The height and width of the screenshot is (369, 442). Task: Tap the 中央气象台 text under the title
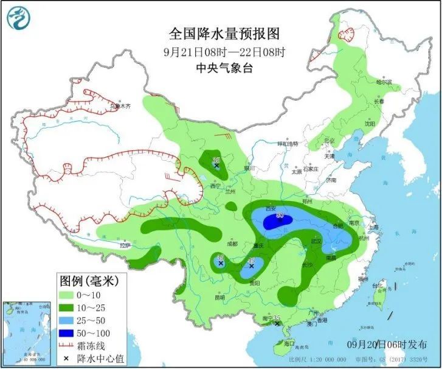click(x=221, y=68)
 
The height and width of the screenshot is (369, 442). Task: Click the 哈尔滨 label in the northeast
click(x=384, y=82)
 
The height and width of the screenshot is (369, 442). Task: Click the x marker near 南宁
click(x=277, y=324)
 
